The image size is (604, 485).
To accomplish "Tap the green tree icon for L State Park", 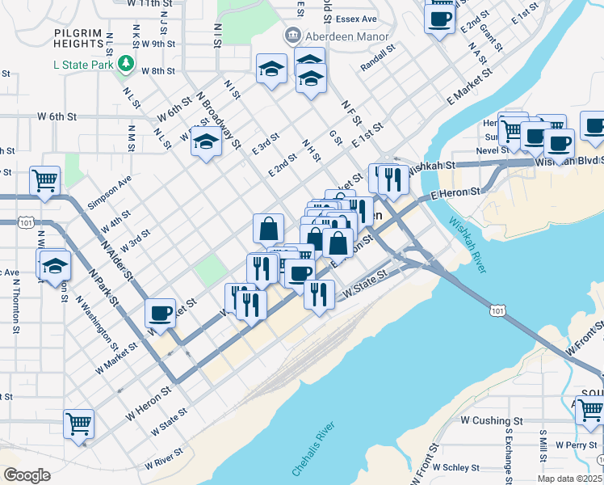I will tap(125, 63).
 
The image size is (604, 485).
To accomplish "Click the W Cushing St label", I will tap(491, 420).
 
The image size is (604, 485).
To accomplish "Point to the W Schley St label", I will tap(456, 467).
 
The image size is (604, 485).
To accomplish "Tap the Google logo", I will tap(27, 475).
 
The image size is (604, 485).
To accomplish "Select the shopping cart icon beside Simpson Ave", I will tap(44, 181).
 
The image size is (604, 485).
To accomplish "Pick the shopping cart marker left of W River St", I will tap(79, 424).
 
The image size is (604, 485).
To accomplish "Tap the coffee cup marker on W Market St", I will tap(161, 314).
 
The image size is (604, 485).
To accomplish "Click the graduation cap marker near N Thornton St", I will tap(54, 266).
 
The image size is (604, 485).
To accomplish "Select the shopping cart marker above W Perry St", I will tap(589, 410).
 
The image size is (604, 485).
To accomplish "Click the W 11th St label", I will tap(150, 4).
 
